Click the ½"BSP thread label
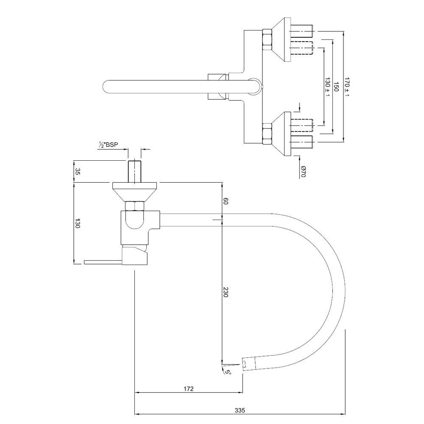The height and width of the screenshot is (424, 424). click(x=108, y=145)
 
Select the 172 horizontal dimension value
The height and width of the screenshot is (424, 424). click(x=189, y=388)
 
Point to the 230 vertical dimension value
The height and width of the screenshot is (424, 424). click(x=226, y=292)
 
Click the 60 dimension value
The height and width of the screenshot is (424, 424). click(x=226, y=201)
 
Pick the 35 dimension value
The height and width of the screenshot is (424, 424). click(x=77, y=171)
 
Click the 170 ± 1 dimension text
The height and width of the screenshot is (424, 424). click(x=347, y=87)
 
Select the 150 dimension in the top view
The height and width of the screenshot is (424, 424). click(x=336, y=86)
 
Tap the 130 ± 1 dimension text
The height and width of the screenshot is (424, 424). click(x=327, y=87)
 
